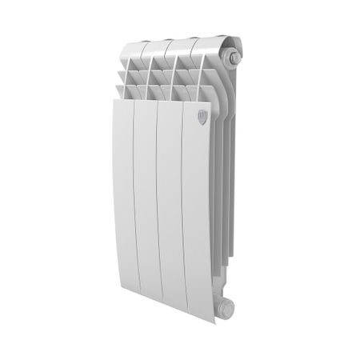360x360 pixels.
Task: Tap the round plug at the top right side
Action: click(x=232, y=58)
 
